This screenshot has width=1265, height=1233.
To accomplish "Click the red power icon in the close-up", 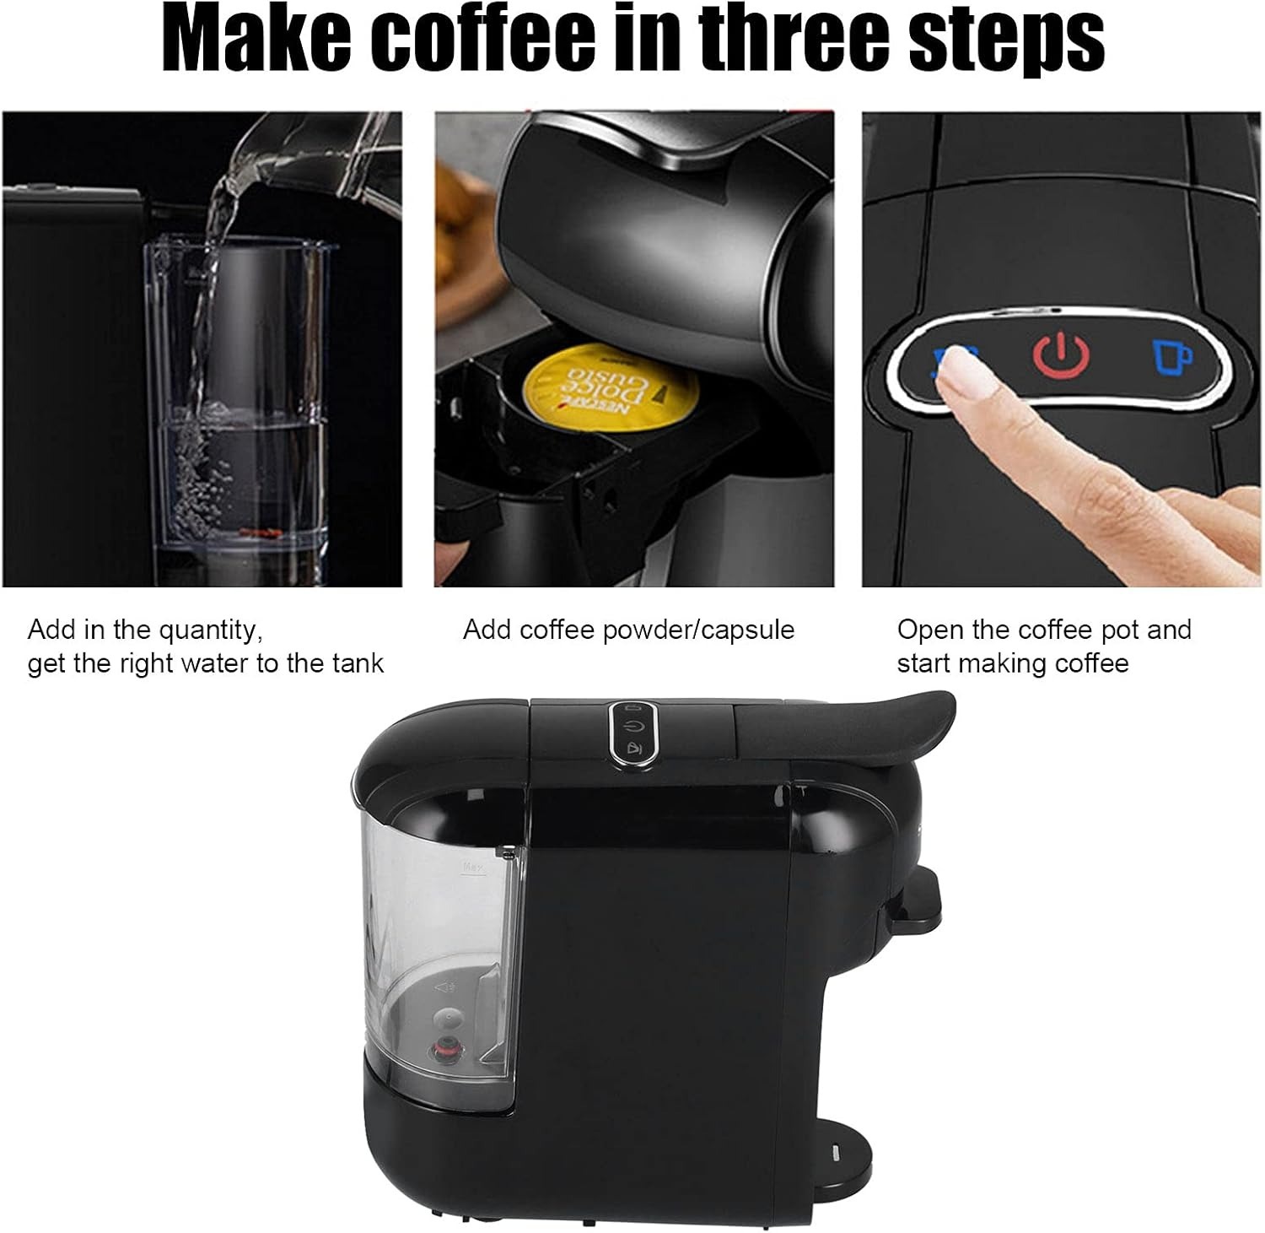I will click(x=1061, y=354).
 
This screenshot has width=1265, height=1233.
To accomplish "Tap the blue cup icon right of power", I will click(x=1171, y=356).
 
